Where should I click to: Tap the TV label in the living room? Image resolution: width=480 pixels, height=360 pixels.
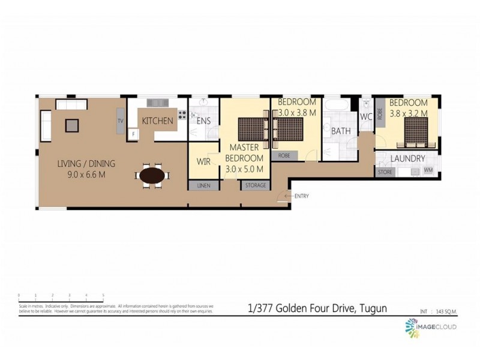coord(121,121)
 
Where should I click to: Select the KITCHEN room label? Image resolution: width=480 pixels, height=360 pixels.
coord(157,121)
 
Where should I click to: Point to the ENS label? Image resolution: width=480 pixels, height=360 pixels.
coord(203,121)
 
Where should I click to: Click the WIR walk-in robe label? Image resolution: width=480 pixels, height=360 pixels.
coord(203,161)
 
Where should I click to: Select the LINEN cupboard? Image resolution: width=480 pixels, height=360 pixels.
coord(203,186)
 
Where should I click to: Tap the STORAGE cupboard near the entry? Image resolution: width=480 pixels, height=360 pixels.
coord(256,186)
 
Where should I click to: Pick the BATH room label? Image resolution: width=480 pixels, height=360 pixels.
coord(341,131)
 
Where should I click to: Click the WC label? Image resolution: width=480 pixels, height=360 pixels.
coord(367,117)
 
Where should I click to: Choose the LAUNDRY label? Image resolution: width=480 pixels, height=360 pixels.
coord(407,159)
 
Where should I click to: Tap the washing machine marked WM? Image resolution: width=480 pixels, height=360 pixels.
coord(428,172)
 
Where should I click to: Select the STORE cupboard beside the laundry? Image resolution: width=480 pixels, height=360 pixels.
coord(385,172)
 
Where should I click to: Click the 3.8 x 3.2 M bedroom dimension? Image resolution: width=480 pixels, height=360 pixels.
coord(409,113)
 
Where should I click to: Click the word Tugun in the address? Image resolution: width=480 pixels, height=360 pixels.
coord(373,308)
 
